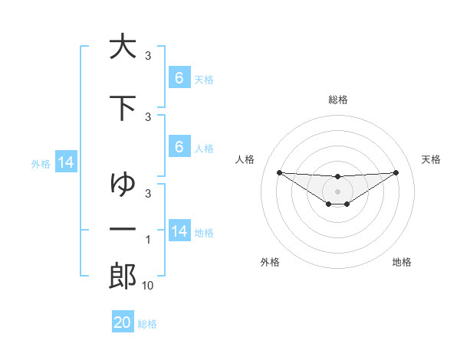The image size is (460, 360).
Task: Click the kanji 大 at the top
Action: coord(123,47)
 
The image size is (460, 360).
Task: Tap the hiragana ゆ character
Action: coord(123,184)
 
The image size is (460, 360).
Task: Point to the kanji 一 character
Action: coord(123,229)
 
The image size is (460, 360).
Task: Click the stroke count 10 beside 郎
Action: coord(148,286)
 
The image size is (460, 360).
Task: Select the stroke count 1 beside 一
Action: coord(148,240)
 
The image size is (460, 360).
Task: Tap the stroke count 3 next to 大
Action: coord(148,56)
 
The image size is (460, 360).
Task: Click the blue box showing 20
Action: coord(123,322)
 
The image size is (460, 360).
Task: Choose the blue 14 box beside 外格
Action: coord(65,162)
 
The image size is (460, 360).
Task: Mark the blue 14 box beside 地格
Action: coord(179,231)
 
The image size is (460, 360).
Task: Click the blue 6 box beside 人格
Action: coord(179,147)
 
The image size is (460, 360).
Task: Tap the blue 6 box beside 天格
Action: coord(179,78)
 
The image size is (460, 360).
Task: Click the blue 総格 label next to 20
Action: coord(147,324)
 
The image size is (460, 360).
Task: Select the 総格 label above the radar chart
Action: coord(337,100)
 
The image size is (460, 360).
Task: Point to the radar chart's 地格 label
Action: coord(402,262)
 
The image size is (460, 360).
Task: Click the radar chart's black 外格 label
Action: coord(270,262)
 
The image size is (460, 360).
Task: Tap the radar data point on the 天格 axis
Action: coord(396,172)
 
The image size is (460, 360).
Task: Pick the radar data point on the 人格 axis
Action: coord(279,172)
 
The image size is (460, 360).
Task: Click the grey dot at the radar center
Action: coord(337,191)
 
